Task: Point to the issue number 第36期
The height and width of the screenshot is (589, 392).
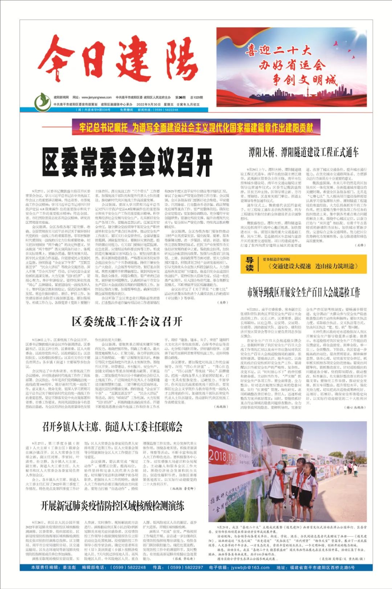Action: click(180, 97)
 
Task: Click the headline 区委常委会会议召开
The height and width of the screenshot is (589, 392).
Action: click(127, 162)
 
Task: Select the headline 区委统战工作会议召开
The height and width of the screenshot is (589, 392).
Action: click(127, 321)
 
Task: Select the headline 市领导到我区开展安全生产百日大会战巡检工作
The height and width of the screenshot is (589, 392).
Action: click(303, 292)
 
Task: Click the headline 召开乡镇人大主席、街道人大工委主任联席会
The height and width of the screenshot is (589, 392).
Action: click(112, 427)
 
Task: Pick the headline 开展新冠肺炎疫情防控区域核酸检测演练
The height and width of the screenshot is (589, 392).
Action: click(112, 505)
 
